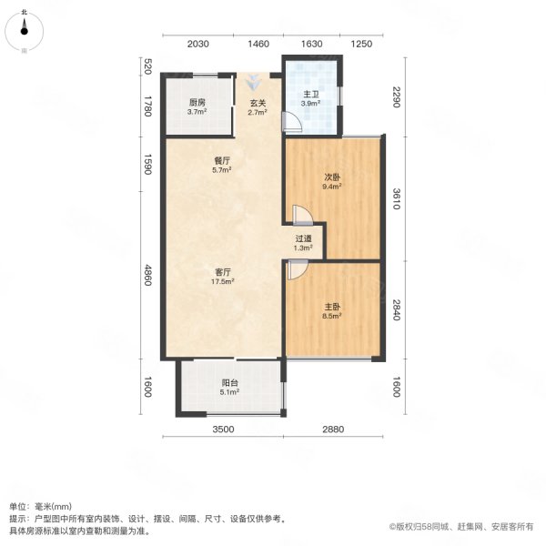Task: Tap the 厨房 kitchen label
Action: click(197, 102)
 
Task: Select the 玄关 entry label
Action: click(257, 102)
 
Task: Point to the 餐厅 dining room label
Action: click(222, 159)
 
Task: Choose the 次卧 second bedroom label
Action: click(331, 178)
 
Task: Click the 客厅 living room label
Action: click(222, 271)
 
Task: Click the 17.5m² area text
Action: click(222, 281)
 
